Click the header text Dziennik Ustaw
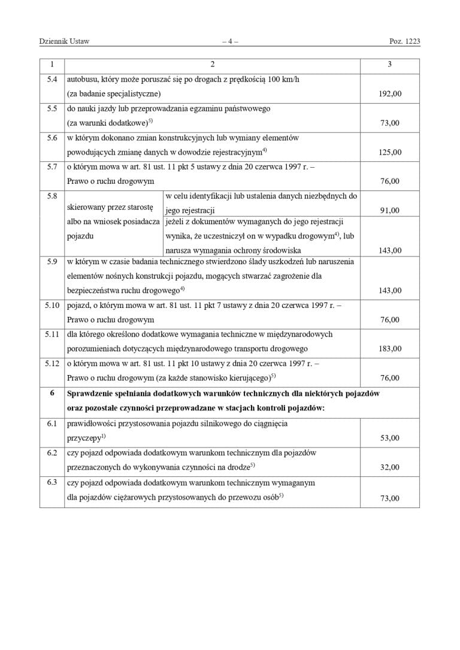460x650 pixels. pyautogui.click(x=64, y=41)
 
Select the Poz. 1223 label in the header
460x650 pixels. pyautogui.click(x=404, y=41)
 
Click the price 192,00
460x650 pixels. pyautogui.click(x=390, y=94)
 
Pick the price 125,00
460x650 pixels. pyautogui.click(x=390, y=152)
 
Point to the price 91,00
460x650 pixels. pyautogui.click(x=390, y=210)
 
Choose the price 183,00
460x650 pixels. pyautogui.click(x=390, y=349)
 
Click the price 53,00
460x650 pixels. pyautogui.click(x=390, y=438)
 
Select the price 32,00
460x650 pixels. pyautogui.click(x=390, y=467)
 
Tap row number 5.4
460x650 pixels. pyautogui.click(x=52, y=80)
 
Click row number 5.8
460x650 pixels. pyautogui.click(x=52, y=196)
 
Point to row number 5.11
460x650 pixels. pyautogui.click(x=52, y=334)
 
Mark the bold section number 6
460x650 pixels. pyautogui.click(x=52, y=394)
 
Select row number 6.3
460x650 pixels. pyautogui.click(x=52, y=482)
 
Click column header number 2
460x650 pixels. pyautogui.click(x=212, y=64)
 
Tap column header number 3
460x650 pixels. pyautogui.click(x=390, y=64)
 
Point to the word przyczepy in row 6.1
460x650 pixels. pyautogui.click(x=84, y=438)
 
